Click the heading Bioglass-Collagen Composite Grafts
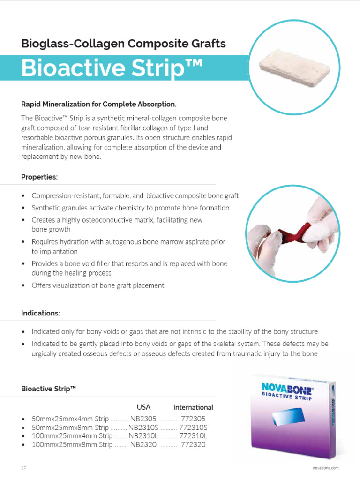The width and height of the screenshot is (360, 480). pos(123,44)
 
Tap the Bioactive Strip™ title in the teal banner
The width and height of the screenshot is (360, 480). pos(112,68)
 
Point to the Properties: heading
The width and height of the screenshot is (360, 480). pos(39,177)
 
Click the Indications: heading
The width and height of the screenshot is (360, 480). pos(40,313)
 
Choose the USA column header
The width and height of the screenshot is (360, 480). pos(143,407)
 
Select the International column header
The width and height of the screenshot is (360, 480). pos(193,407)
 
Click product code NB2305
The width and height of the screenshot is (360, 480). pos(143,419)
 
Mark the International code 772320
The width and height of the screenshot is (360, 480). pos(193,444)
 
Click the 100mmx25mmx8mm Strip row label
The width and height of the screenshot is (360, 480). pos(72,444)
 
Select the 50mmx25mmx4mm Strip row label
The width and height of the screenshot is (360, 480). pos(70,419)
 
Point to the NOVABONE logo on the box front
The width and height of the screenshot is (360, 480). pos(287,388)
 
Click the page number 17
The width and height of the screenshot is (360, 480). pos(23,468)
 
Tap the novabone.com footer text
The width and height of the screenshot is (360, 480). pos(325,468)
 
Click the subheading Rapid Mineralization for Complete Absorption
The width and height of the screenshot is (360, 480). pos(99,104)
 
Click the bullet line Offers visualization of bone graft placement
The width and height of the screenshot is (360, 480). pos(98,285)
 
